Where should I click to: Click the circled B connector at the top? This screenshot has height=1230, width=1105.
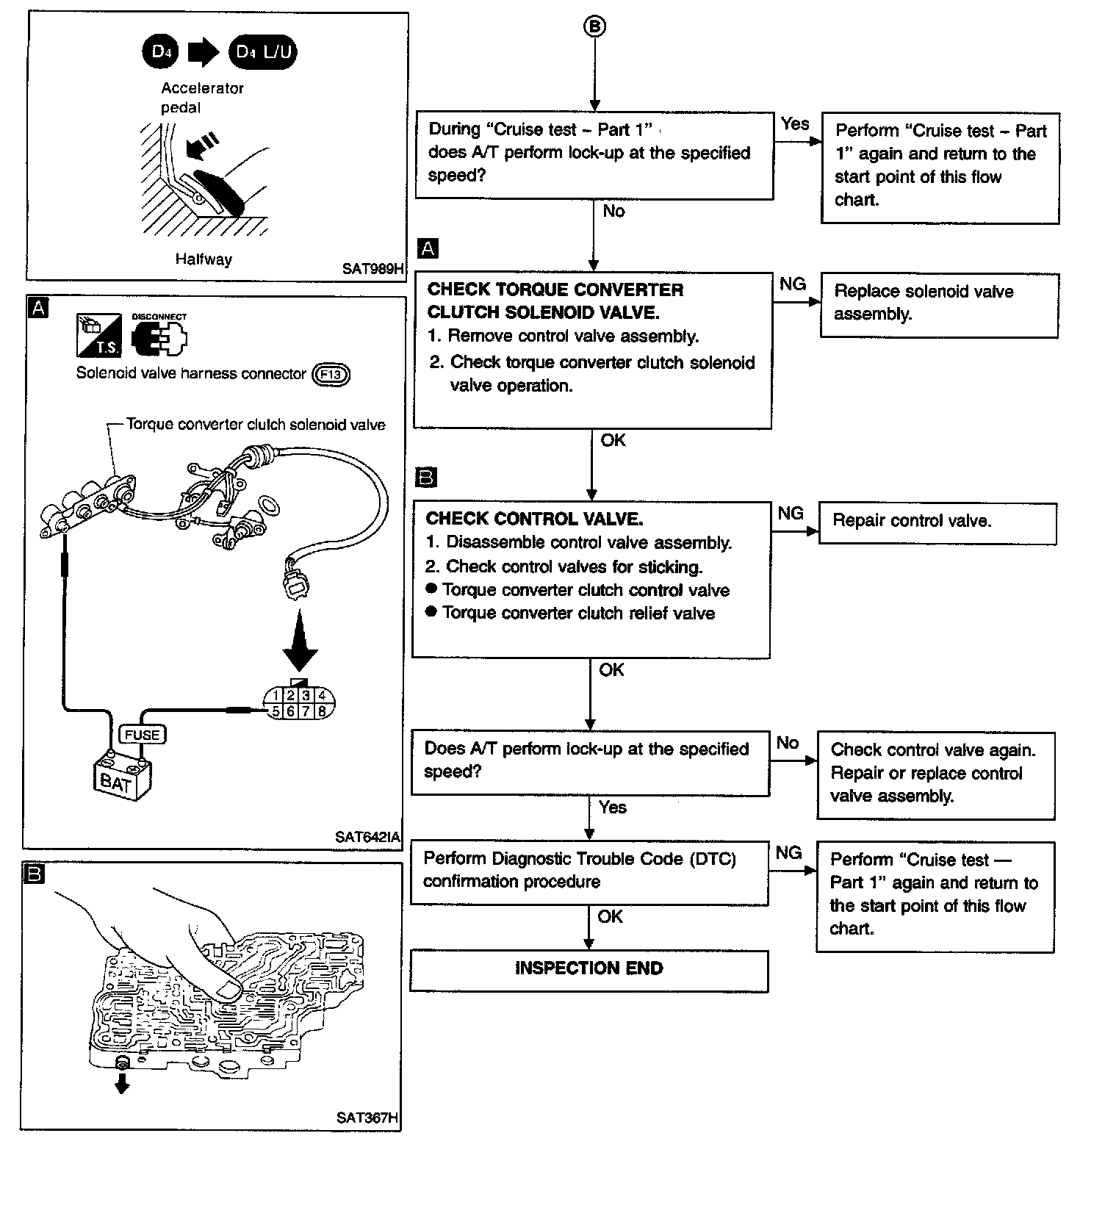[x=594, y=26]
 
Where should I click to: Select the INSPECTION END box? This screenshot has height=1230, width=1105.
[x=589, y=968]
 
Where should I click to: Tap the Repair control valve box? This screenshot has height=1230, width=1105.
[x=937, y=522]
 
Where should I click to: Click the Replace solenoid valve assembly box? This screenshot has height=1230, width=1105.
[x=939, y=304]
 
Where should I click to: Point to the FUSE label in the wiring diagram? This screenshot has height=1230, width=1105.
[x=142, y=734]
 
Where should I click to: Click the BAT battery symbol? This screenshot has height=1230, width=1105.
[x=121, y=780]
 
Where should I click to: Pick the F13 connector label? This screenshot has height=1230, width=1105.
[x=331, y=375]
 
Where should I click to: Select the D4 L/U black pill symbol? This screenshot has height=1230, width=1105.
[x=263, y=52]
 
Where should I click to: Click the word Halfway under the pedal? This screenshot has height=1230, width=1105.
[x=204, y=259]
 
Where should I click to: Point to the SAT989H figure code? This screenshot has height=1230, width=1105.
[x=372, y=269]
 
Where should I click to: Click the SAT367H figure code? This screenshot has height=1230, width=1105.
[x=367, y=1118]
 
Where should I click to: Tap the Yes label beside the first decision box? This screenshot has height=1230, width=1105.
[x=795, y=124]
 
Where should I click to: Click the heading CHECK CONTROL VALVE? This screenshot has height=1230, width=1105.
[x=534, y=519]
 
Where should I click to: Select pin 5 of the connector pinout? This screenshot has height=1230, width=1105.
[x=275, y=711]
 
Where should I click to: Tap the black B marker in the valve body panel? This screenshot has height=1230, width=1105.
[x=34, y=874]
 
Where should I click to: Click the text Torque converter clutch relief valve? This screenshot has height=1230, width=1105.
[x=578, y=614]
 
